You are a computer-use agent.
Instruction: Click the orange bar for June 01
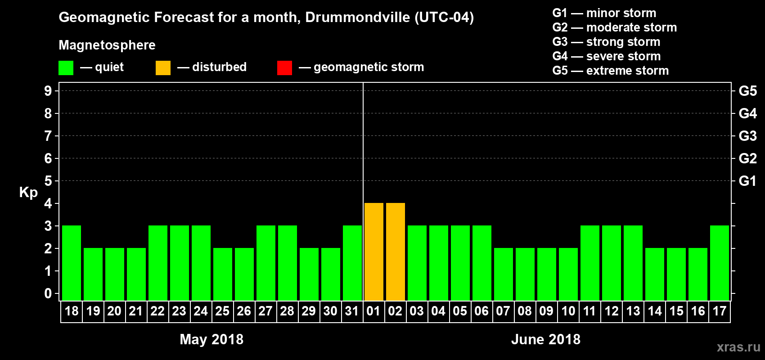(373, 252)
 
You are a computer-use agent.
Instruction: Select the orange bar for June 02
(395, 252)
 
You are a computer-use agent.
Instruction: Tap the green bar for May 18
(71, 263)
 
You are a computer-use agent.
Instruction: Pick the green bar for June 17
(719, 263)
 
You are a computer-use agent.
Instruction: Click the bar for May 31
(352, 263)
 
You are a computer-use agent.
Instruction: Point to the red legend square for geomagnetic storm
(284, 68)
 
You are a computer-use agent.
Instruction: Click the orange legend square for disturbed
(163, 68)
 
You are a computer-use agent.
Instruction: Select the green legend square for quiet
(66, 68)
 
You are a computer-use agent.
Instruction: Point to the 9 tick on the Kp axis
(48, 91)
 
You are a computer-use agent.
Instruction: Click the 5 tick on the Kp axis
(48, 181)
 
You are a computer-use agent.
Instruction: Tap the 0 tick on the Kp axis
(48, 293)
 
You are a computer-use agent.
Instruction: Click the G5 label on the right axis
(747, 91)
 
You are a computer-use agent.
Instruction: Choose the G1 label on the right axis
(747, 181)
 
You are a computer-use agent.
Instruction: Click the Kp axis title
(28, 193)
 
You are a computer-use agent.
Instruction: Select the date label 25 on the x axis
(222, 311)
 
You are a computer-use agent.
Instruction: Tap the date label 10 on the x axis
(568, 311)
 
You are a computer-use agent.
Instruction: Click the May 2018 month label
(211, 339)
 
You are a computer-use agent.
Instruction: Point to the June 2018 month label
(545, 339)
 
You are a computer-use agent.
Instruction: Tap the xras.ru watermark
(738, 347)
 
